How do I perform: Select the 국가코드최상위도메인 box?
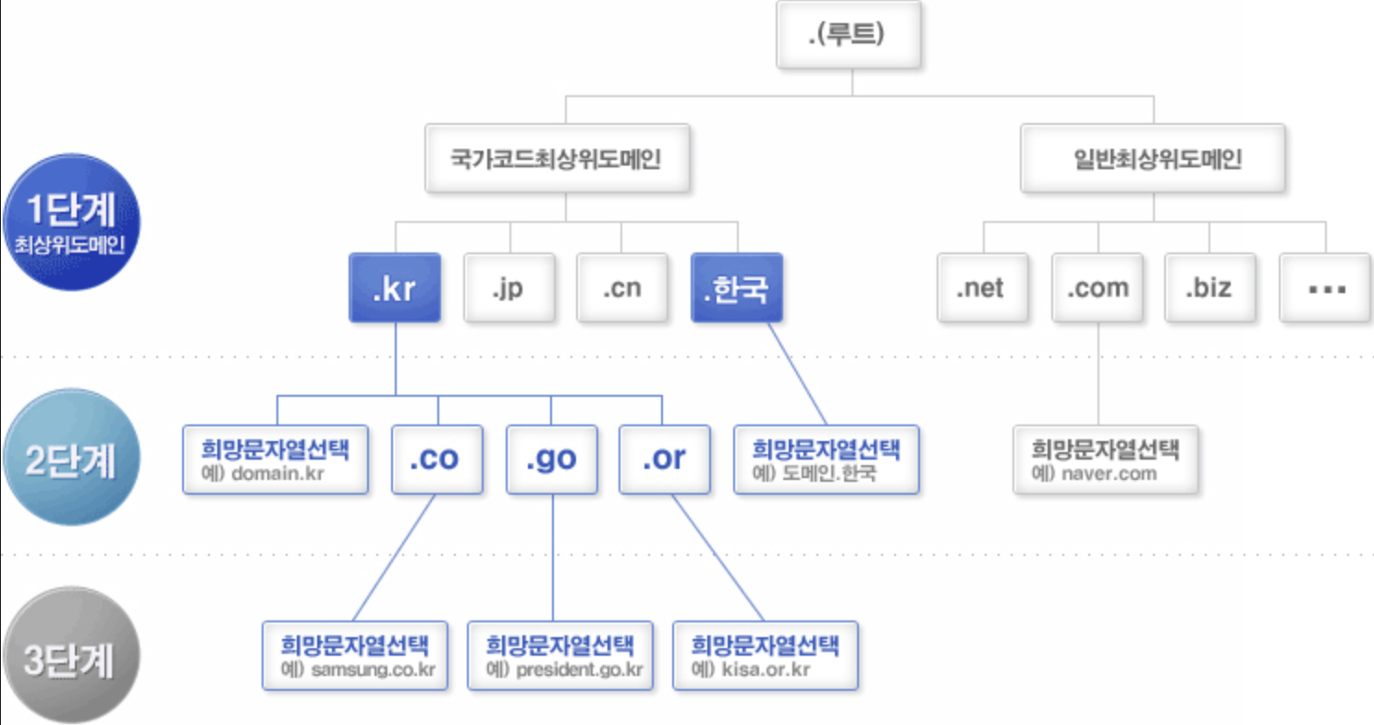(x=557, y=159)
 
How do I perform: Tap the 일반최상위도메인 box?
(x=1153, y=159)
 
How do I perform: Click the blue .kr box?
(x=394, y=288)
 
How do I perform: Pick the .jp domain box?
(x=509, y=288)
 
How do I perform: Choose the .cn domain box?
(x=622, y=288)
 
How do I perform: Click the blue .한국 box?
(x=737, y=288)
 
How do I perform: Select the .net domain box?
(x=982, y=288)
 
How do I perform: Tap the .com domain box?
(x=1098, y=288)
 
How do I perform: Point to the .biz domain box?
(x=1209, y=288)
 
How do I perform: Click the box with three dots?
(x=1326, y=288)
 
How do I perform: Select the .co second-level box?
(x=436, y=459)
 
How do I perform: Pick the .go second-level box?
(x=552, y=459)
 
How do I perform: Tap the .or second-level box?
(x=665, y=459)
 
